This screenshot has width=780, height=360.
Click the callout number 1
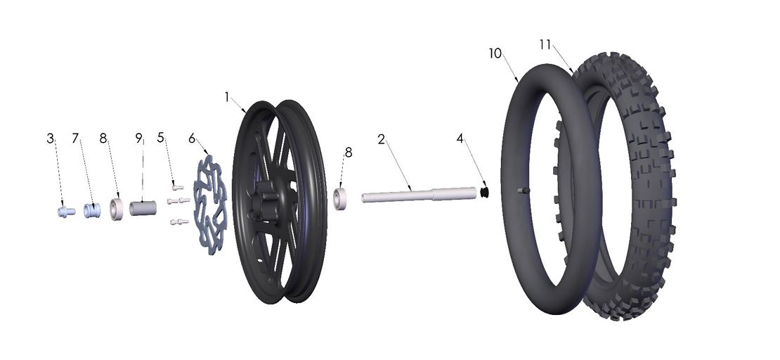[x=227, y=97]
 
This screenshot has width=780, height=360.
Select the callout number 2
[x=380, y=139]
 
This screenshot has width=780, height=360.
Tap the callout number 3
[x=51, y=139]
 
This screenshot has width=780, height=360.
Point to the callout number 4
[x=460, y=139]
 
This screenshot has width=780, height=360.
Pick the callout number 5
[x=161, y=139]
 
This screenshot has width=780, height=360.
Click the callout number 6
[x=191, y=139]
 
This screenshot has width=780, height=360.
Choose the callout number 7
[x=75, y=139]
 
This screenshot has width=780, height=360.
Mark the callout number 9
[x=138, y=139]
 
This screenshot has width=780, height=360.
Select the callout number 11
[x=545, y=44]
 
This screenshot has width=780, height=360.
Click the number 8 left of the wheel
[x=103, y=139]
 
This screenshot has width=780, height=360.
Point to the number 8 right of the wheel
[x=348, y=152]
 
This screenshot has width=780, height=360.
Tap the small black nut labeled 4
[x=484, y=191]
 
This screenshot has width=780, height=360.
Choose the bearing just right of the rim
[x=342, y=198]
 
